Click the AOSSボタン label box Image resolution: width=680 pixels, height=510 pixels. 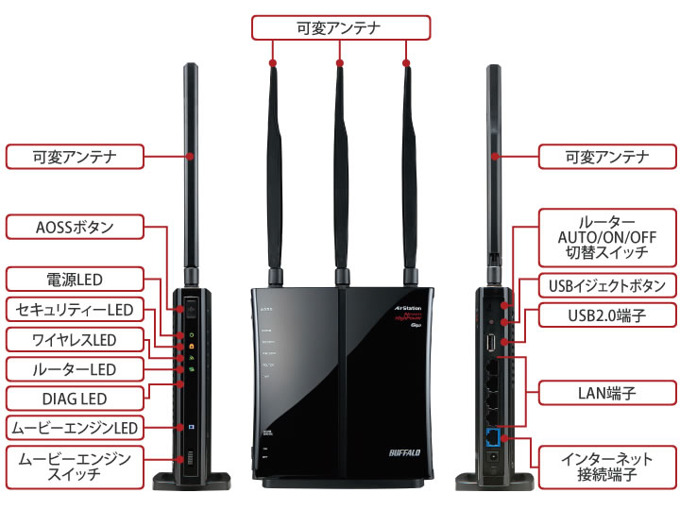(x=74, y=227)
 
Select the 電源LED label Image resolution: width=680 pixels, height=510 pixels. (x=74, y=279)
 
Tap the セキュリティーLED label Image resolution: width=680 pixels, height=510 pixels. (x=74, y=309)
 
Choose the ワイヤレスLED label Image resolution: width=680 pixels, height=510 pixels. (x=74, y=339)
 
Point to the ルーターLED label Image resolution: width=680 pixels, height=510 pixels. (x=74, y=368)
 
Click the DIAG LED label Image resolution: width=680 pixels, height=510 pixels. (x=74, y=398)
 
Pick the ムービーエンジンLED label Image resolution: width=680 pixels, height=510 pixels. (x=74, y=428)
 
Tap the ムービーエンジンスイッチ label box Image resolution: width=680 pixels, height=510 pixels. (x=74, y=466)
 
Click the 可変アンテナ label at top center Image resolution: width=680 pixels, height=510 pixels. (x=339, y=27)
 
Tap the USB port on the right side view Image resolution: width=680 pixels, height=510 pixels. (x=492, y=339)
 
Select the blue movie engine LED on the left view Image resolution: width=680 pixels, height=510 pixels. (x=191, y=427)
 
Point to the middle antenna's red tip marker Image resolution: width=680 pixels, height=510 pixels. (x=339, y=64)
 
